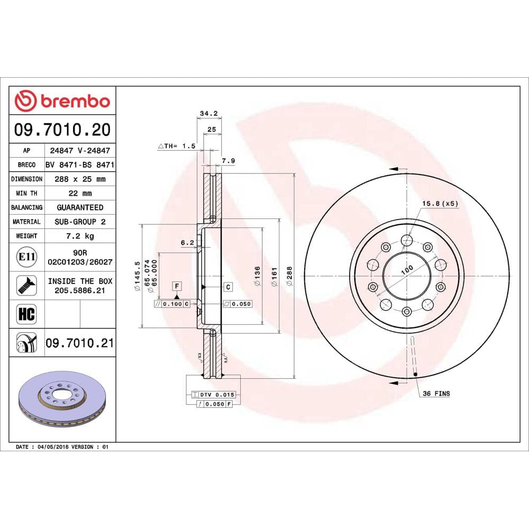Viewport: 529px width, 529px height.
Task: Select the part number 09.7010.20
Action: [63, 129]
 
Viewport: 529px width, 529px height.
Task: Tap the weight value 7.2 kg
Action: [80, 236]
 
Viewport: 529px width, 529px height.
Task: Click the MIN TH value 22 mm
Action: [80, 194]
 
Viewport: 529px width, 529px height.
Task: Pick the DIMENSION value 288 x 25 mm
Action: [80, 179]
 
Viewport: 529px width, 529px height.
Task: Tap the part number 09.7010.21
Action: [80, 343]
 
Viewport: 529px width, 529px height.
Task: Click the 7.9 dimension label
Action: [228, 161]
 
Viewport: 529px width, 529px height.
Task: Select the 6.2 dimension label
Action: [187, 243]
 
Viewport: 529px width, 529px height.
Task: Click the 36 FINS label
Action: [436, 394]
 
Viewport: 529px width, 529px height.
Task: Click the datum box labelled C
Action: [228, 287]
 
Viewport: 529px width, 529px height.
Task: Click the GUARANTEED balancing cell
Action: [80, 208]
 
